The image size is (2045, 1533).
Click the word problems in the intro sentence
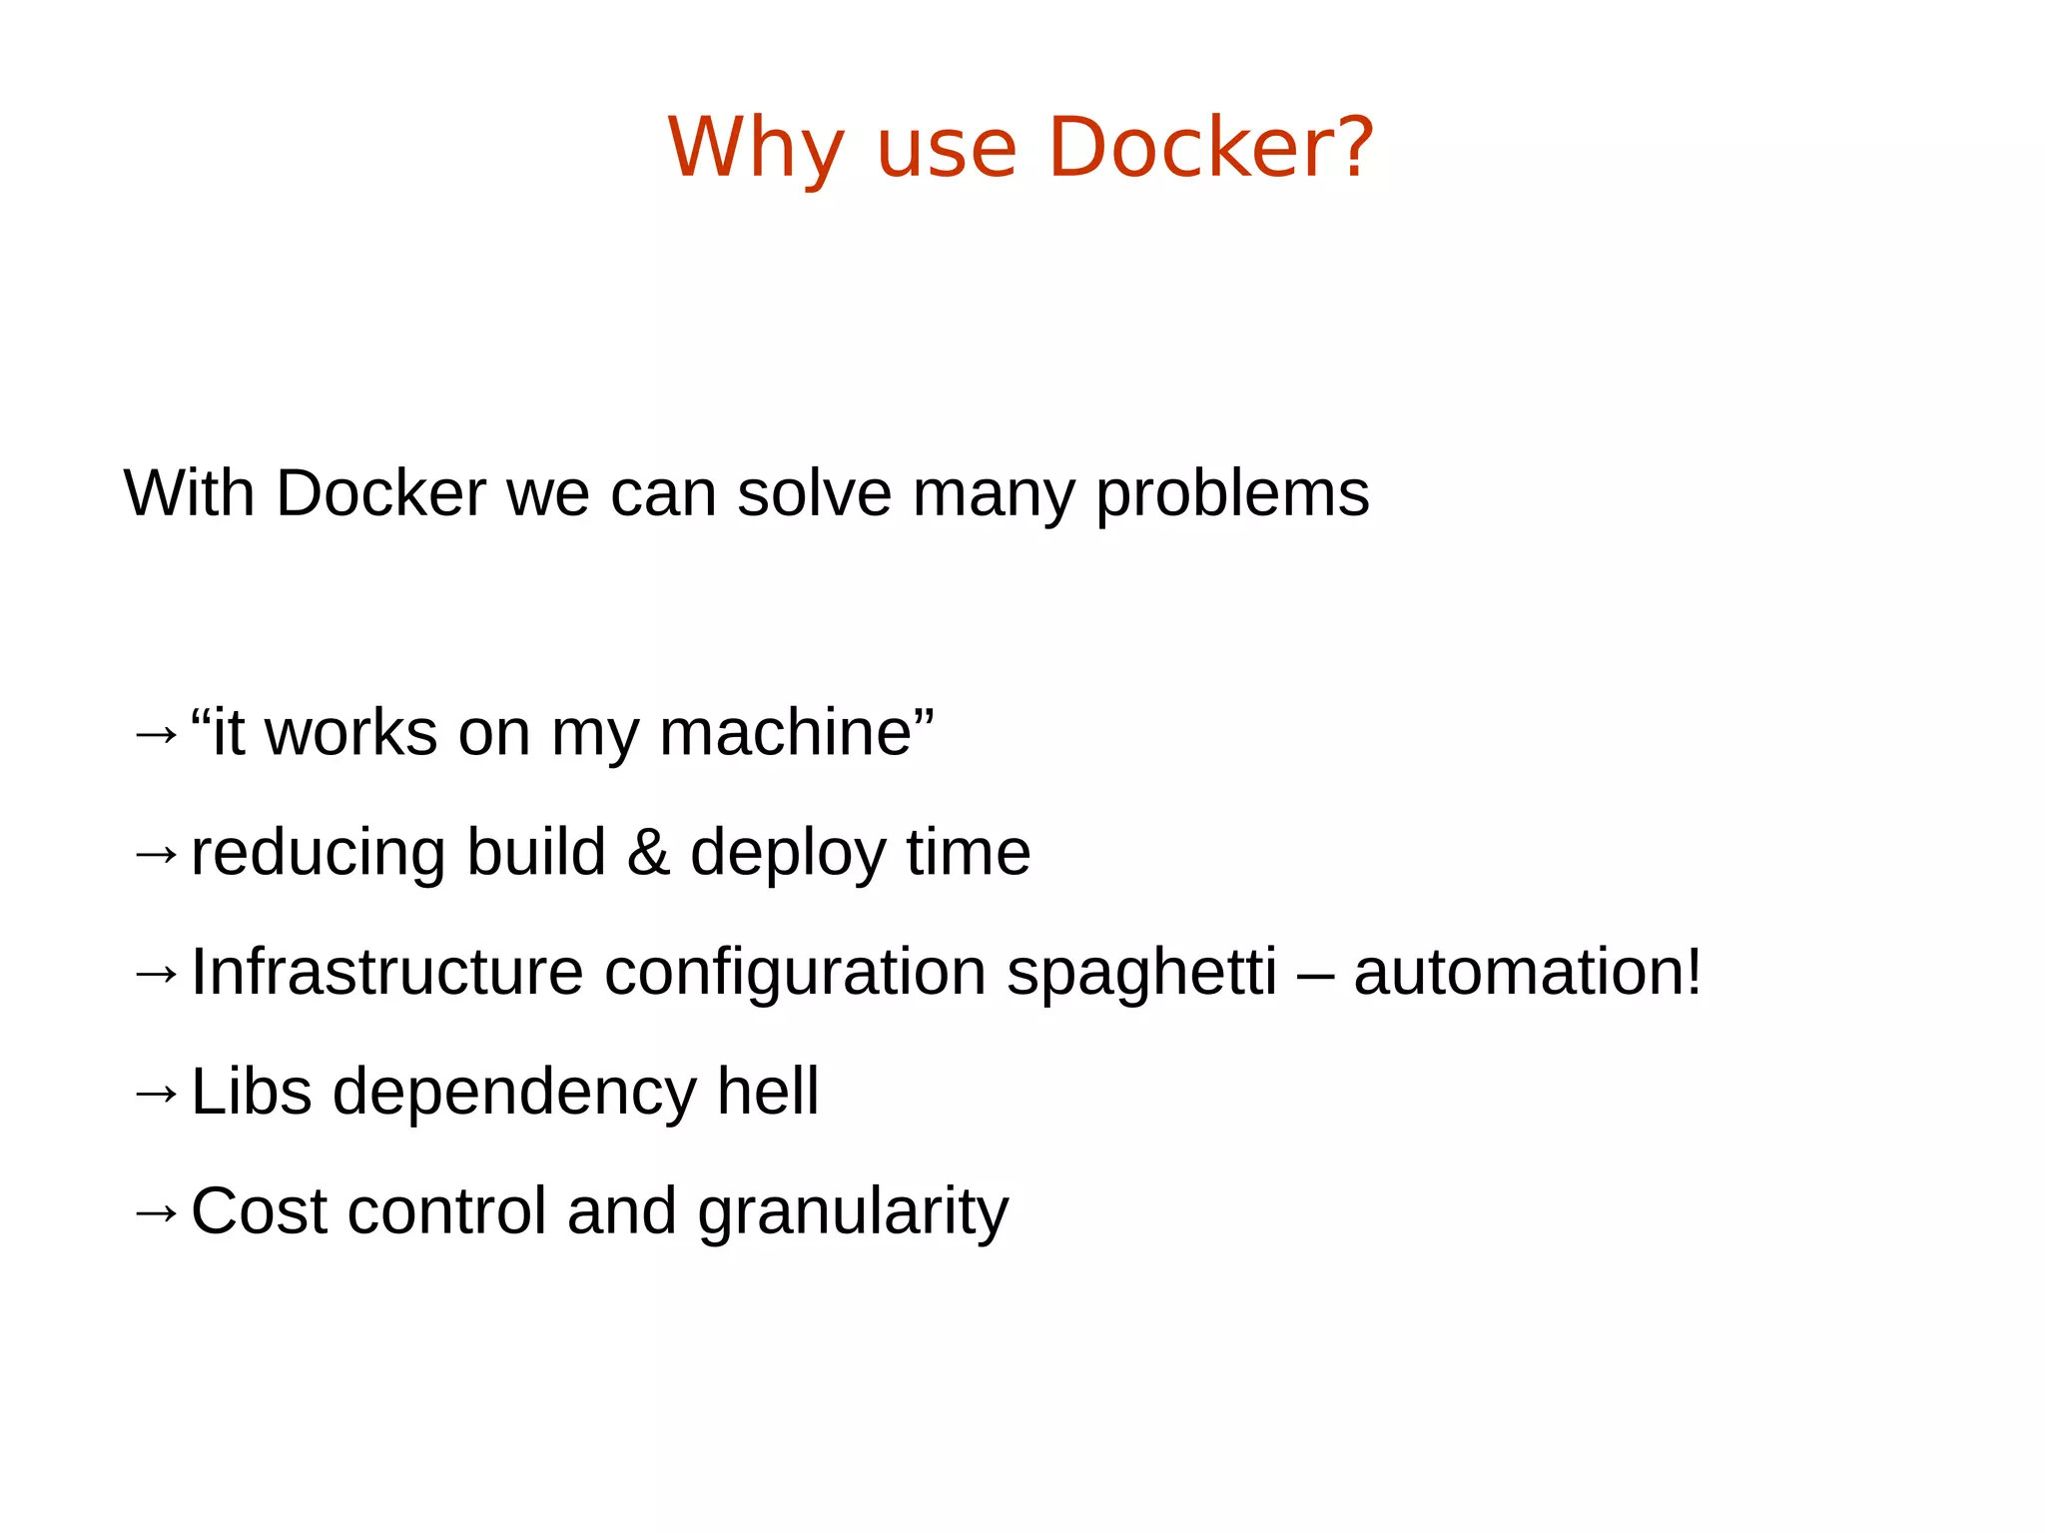click(1232, 493)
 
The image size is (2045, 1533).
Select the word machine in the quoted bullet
click(785, 733)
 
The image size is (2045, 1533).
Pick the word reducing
click(319, 855)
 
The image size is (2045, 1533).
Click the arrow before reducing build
click(155, 855)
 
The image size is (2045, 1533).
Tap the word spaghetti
click(1141, 974)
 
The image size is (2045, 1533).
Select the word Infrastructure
click(386, 972)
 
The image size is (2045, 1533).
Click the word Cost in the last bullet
click(259, 1210)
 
